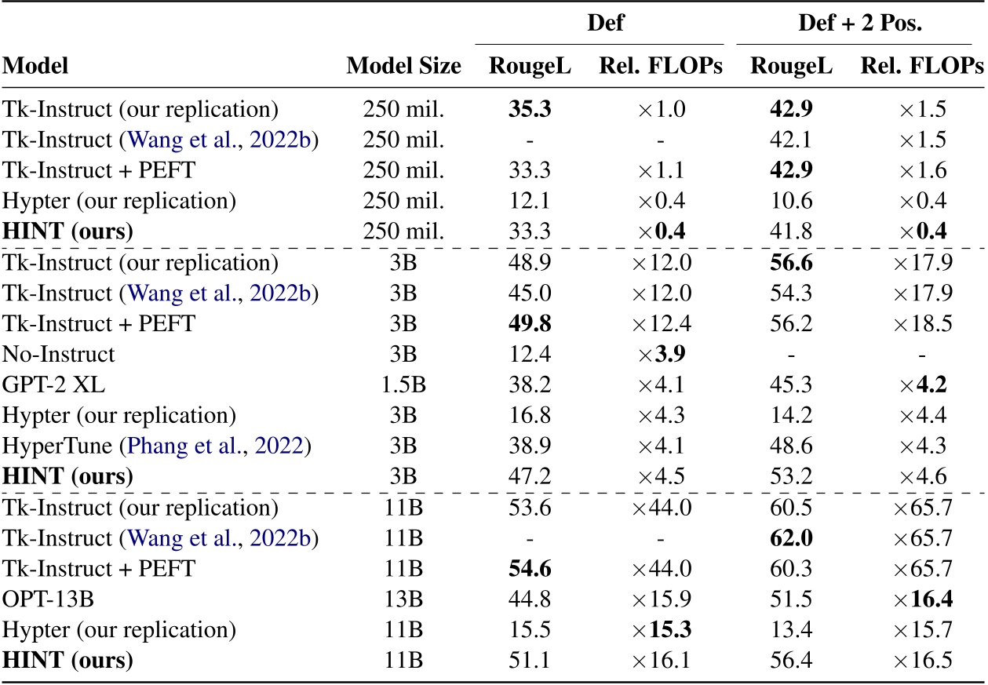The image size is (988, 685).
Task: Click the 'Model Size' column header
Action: click(403, 67)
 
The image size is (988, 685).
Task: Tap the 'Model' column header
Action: click(35, 67)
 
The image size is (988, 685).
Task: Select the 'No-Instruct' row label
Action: click(59, 354)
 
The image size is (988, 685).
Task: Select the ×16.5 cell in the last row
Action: click(924, 661)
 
